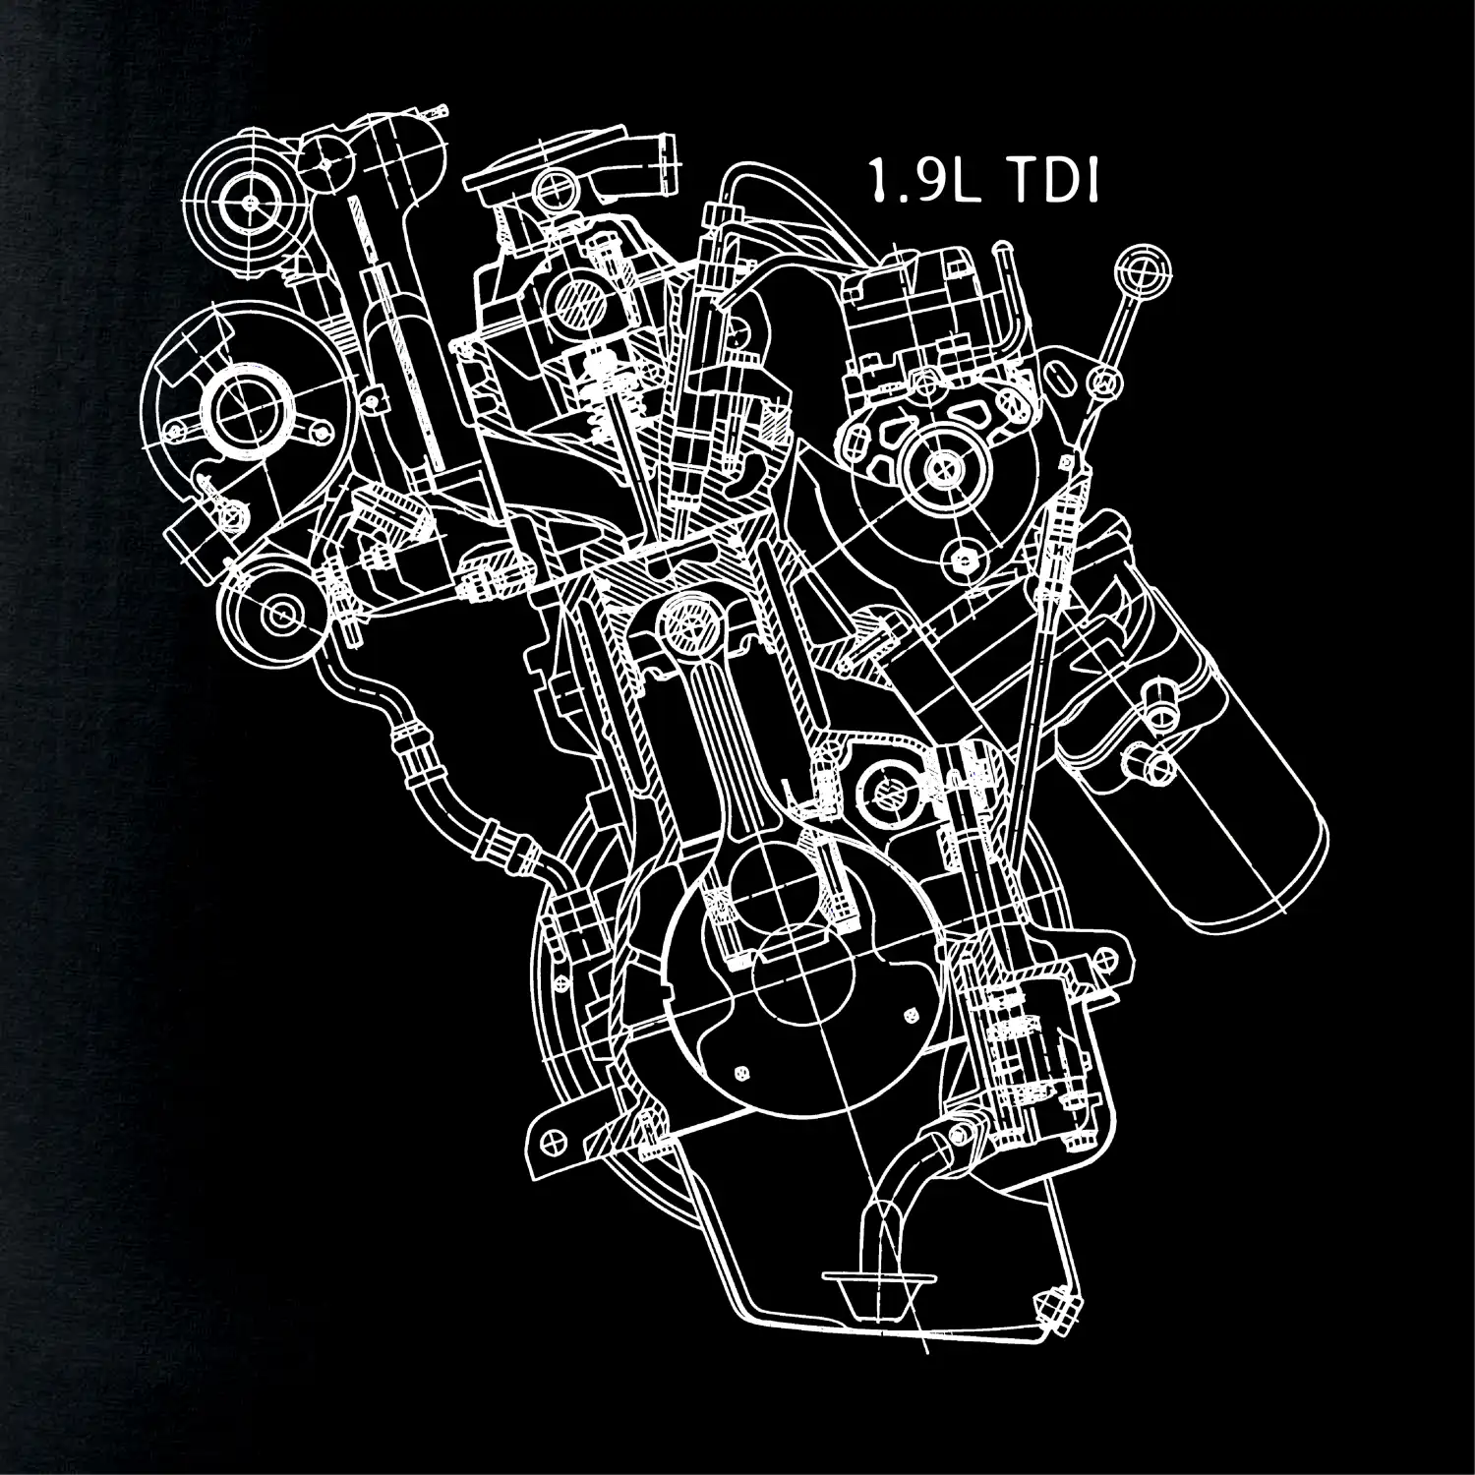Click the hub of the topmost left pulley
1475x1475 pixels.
[251, 202]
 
